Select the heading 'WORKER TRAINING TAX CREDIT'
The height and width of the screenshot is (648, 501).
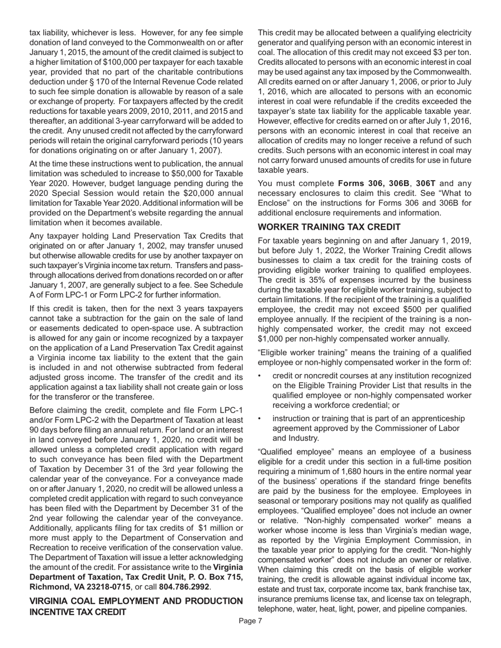click(329, 227)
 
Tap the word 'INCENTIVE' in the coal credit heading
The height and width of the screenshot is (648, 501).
click(54, 612)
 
